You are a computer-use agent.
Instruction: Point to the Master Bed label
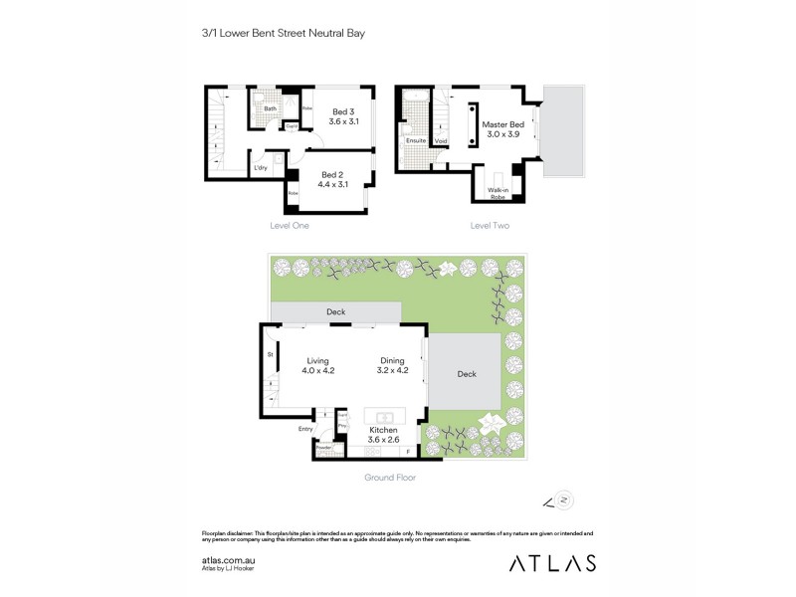coord(500,130)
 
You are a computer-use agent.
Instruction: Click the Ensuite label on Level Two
coord(415,141)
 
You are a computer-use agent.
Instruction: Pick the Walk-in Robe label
coord(497,193)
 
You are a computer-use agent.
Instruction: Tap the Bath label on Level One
coord(270,108)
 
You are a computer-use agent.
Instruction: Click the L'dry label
coord(261,168)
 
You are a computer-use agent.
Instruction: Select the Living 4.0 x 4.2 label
coord(317,365)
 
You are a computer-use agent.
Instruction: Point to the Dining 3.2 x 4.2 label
coord(392,365)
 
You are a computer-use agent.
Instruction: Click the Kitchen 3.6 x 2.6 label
coord(382,435)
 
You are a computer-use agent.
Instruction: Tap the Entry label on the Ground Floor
coord(305,429)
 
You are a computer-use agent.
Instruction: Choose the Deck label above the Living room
coord(335,312)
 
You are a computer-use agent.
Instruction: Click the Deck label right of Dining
coord(466,375)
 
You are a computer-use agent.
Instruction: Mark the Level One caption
coord(290,227)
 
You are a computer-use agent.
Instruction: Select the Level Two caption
coord(490,227)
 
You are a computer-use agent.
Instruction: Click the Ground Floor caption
coord(389,478)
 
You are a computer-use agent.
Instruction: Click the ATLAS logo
coord(552,563)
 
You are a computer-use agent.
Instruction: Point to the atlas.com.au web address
coord(228,560)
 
